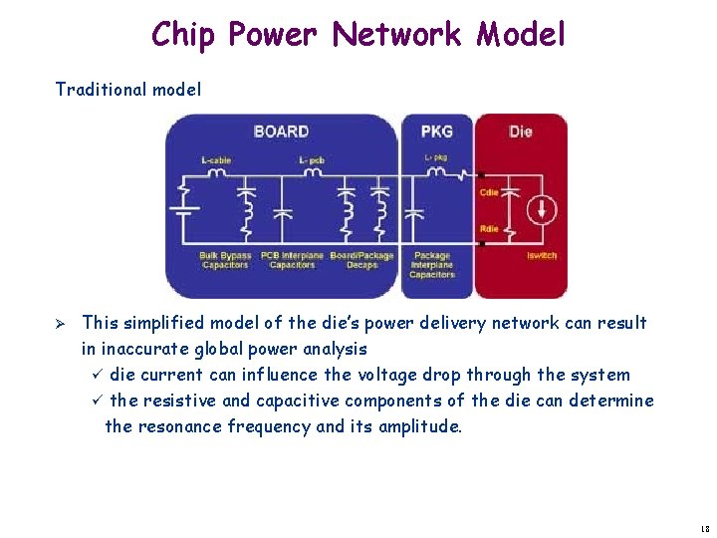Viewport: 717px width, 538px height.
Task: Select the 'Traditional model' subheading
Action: click(127, 90)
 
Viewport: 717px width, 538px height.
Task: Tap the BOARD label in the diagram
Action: click(281, 132)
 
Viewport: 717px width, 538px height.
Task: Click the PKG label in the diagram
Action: click(436, 132)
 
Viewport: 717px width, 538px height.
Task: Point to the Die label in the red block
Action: click(520, 132)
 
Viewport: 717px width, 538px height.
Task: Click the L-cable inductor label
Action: click(216, 159)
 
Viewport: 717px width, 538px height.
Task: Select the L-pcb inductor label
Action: click(312, 159)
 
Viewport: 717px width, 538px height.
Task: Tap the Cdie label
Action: click(489, 192)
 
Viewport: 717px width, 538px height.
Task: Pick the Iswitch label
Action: click(542, 256)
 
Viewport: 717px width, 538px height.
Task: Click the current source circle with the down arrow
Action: click(543, 210)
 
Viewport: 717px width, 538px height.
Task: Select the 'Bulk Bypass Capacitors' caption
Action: click(225, 260)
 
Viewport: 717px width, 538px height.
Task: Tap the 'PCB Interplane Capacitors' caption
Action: click(292, 260)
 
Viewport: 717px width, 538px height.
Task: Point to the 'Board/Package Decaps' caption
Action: click(361, 260)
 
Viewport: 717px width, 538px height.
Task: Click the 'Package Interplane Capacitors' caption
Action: click(431, 265)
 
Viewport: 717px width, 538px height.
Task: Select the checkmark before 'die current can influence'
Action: click(97, 375)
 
